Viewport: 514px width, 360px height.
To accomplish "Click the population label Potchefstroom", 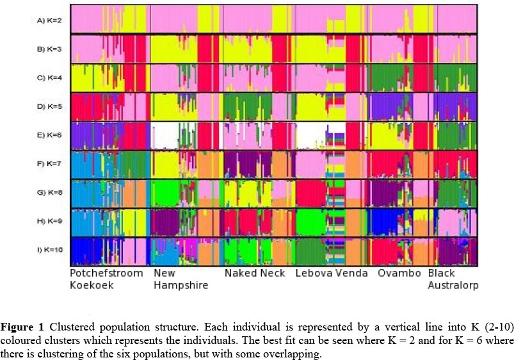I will click(108, 274).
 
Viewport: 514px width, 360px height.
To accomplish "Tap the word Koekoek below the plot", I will click(92, 286).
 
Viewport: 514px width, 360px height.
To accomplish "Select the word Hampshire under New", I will click(181, 286).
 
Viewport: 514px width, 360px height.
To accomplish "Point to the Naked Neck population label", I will click(255, 274).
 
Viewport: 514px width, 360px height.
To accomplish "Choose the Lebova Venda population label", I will click(332, 274).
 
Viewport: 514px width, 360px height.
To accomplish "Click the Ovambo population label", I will click(399, 274).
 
